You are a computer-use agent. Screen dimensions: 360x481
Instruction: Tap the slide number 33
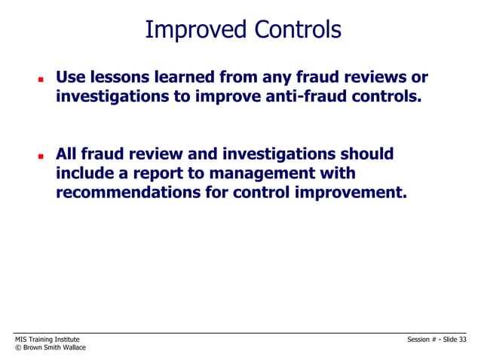462,340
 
